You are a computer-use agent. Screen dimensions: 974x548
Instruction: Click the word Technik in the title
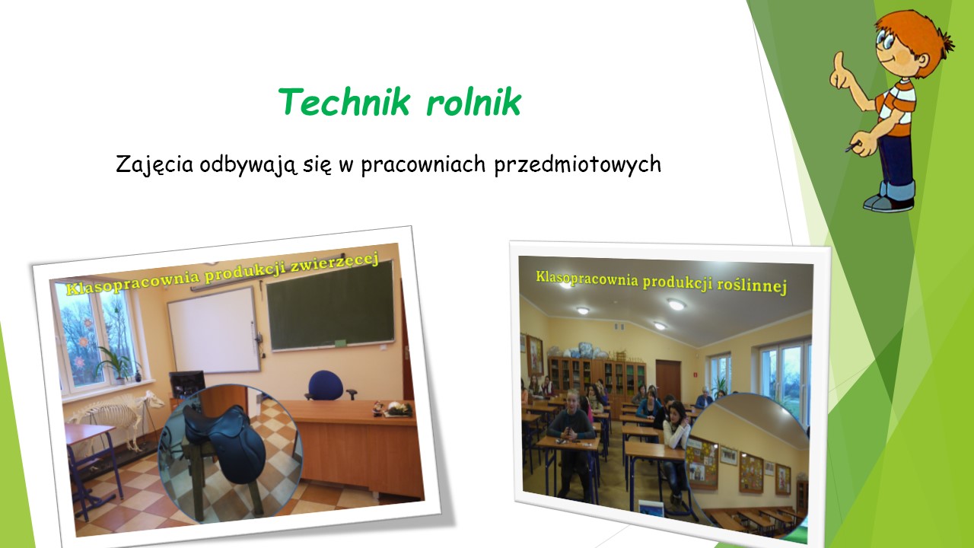click(x=344, y=102)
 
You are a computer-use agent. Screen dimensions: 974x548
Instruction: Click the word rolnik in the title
click(x=473, y=102)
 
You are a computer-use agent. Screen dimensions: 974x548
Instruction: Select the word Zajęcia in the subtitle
click(x=154, y=165)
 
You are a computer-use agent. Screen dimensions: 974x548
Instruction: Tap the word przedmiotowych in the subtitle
click(x=578, y=165)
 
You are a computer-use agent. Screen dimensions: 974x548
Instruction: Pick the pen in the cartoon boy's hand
click(x=852, y=147)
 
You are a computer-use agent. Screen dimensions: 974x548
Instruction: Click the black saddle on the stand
click(x=226, y=444)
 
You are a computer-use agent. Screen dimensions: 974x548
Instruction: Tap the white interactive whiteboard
click(x=214, y=330)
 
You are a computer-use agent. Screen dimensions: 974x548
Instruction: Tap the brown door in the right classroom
click(x=668, y=381)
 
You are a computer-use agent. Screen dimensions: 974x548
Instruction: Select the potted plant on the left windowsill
click(x=115, y=365)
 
